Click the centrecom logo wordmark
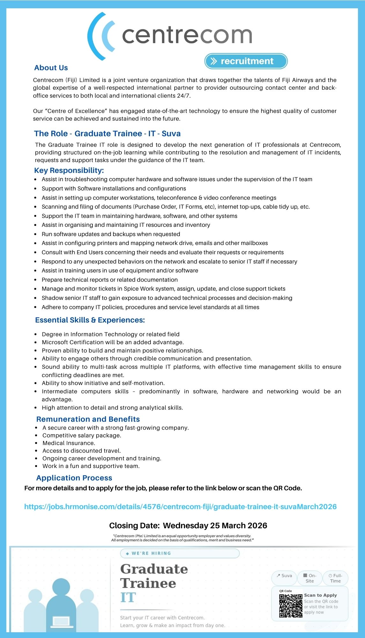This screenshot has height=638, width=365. click(x=187, y=35)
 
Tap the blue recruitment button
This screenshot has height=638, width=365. click(x=246, y=61)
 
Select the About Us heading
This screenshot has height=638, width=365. click(x=51, y=68)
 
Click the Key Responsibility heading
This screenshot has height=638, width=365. click(x=69, y=170)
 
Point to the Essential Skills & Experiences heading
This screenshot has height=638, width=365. click(x=90, y=320)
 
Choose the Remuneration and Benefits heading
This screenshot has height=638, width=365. click(x=88, y=419)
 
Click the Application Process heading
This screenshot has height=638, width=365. click(x=74, y=478)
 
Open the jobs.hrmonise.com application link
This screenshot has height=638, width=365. click(x=180, y=507)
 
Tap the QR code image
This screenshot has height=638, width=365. click(x=291, y=606)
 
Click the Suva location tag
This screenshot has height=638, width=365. click(x=284, y=576)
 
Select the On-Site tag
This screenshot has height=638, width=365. click(x=310, y=578)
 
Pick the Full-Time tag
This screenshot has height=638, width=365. click(x=335, y=578)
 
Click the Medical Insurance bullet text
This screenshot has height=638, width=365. click(x=69, y=443)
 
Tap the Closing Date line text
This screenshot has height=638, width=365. click(x=188, y=525)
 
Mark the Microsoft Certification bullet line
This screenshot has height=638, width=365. click(x=113, y=342)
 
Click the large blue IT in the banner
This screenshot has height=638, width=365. click(x=128, y=597)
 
